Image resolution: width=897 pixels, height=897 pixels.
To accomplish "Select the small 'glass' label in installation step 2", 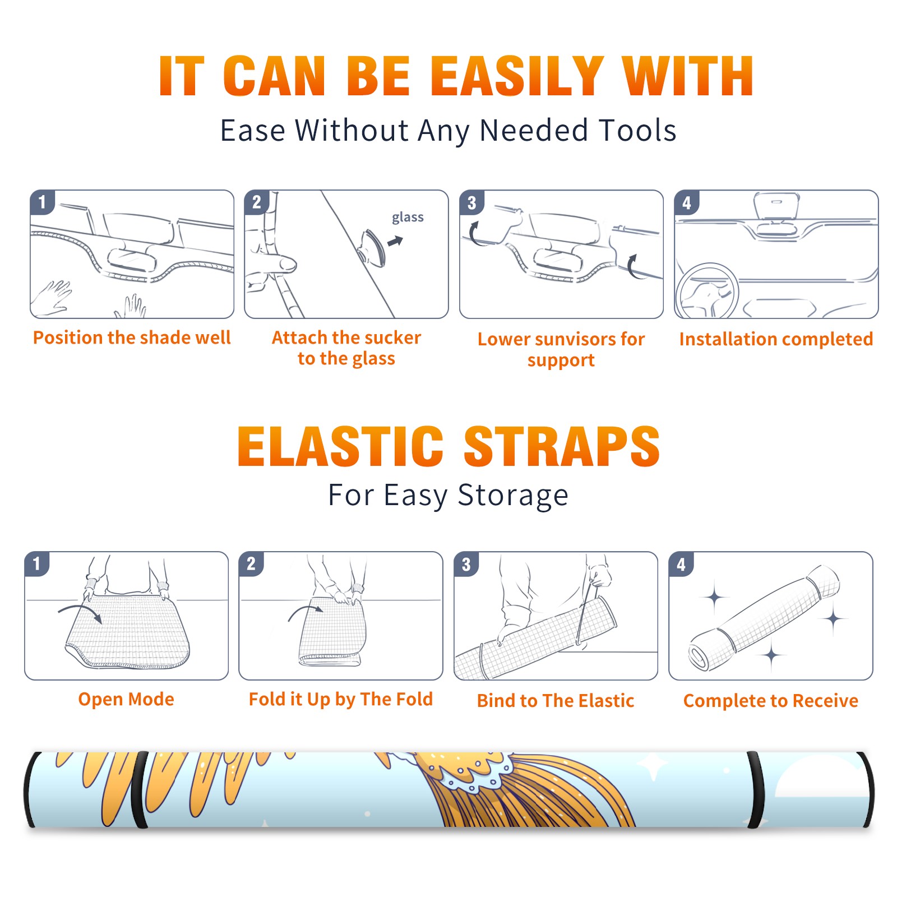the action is point(408,218).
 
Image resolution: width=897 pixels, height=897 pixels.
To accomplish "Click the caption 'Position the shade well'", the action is point(132,337).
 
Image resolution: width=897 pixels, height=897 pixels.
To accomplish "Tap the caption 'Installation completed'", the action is point(776,339).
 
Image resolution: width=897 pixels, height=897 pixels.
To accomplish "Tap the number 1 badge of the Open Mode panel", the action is point(37,563).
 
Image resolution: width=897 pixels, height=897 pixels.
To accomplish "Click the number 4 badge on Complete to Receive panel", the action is point(681,564).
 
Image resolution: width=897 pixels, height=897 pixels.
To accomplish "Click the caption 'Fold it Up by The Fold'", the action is point(341,699).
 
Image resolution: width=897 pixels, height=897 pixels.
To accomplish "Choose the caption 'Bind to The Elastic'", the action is point(556,701).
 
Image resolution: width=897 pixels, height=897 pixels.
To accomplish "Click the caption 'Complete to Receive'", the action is point(771,701).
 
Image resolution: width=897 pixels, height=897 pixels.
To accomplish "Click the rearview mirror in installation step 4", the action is point(776,206).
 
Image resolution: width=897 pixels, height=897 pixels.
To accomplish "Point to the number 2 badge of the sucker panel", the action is point(257,202).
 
